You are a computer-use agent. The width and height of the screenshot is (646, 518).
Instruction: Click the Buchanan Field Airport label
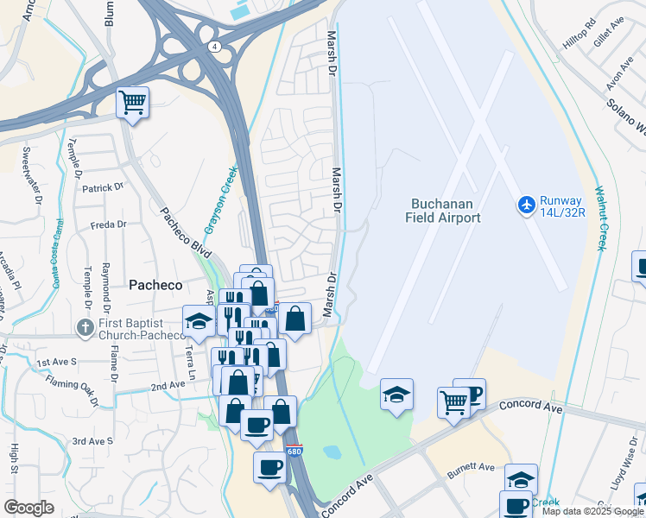point(443,211)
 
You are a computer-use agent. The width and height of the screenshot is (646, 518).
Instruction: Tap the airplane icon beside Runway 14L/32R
point(526,205)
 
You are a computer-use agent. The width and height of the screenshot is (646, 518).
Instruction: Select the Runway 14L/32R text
point(563,206)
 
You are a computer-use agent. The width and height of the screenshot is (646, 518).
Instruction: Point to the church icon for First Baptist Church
point(85,328)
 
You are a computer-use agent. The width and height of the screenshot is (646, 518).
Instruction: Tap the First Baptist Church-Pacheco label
point(141,329)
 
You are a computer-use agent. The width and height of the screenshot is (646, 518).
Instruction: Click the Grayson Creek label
point(219,201)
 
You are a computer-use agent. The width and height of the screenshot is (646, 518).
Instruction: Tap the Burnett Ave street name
point(471,471)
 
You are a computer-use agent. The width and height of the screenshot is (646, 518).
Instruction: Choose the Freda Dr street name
point(108,225)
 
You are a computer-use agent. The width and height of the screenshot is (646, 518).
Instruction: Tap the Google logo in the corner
point(28,508)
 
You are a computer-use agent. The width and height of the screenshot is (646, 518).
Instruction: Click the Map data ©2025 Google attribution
point(592,511)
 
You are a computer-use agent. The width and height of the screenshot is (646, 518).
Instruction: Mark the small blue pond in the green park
point(332,452)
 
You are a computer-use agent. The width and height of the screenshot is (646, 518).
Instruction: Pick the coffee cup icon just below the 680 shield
point(269,468)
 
